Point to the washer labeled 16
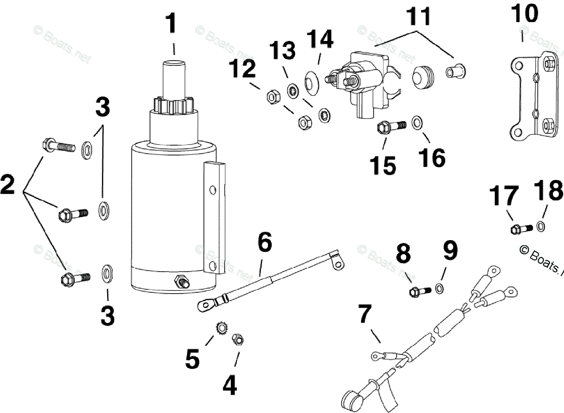417,123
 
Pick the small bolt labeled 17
521,229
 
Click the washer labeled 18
540,226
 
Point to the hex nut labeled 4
238,339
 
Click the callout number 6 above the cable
264,243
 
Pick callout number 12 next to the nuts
243,70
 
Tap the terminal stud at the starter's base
181,282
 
